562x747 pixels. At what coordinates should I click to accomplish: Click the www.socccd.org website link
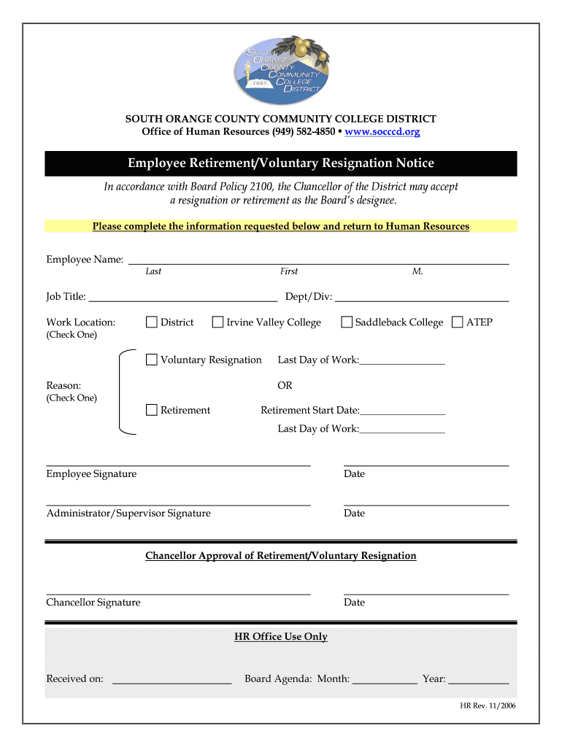tap(382, 132)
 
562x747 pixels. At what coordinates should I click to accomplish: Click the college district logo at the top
tap(281, 70)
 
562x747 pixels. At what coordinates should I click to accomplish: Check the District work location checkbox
tap(152, 322)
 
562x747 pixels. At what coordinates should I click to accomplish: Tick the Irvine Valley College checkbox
tap(218, 322)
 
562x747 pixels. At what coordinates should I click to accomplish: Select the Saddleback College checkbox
tap(347, 322)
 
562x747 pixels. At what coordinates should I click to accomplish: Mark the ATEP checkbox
tap(458, 322)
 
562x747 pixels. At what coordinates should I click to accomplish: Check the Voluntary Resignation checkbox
tap(152, 360)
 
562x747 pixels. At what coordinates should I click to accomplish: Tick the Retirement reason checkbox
tap(152, 410)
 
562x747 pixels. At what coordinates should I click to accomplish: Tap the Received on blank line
tap(172, 681)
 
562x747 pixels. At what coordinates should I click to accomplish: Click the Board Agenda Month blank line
tap(384, 681)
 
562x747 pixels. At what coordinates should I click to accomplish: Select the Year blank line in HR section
tap(478, 681)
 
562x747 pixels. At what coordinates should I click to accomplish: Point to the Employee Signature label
tap(91, 474)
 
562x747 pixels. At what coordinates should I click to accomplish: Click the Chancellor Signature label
tap(93, 603)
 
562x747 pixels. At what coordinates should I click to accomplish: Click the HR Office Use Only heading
tap(281, 637)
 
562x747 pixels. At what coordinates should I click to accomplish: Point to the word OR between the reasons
tap(285, 385)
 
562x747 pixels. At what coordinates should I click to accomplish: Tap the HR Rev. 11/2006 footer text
tap(488, 706)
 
